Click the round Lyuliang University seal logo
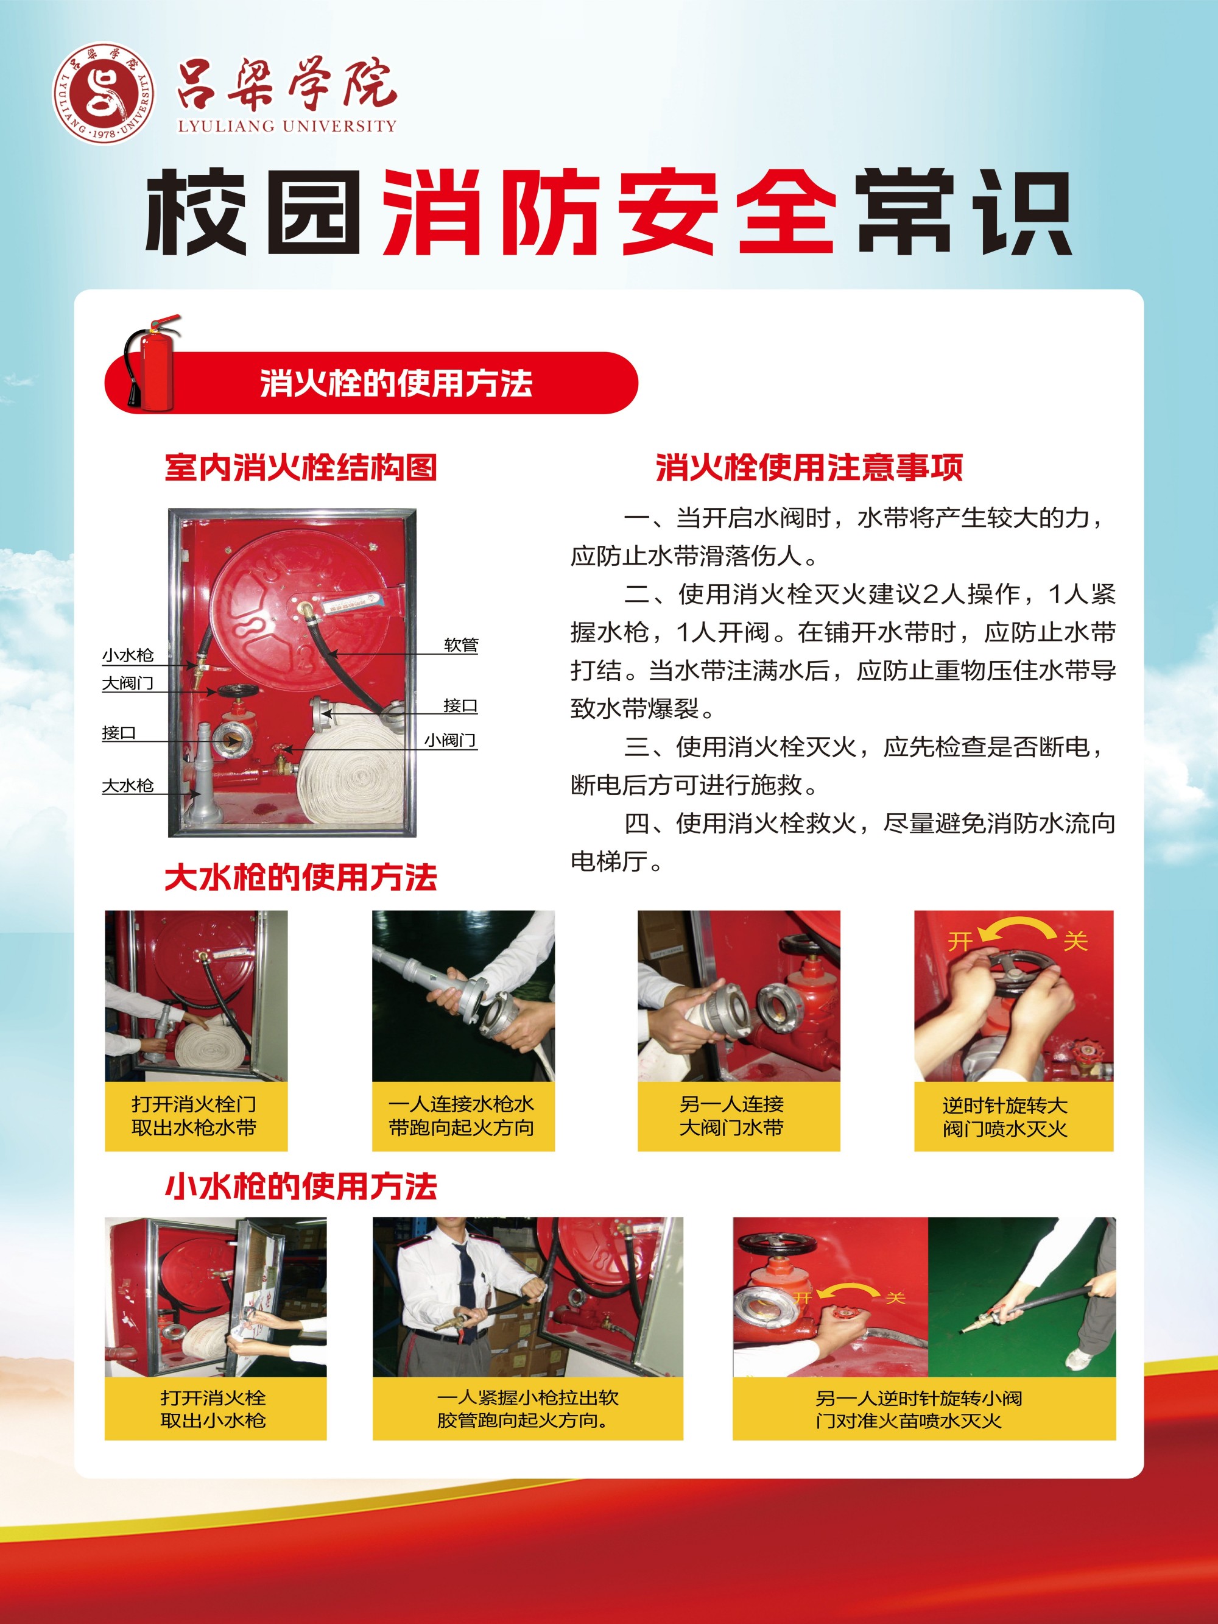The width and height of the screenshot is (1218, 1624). point(104,93)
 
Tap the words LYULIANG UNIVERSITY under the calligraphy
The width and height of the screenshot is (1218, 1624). point(287,125)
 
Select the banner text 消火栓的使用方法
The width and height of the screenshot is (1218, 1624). point(396,383)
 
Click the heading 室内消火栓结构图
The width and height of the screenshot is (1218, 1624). point(301,468)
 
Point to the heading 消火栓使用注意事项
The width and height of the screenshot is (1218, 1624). point(809,468)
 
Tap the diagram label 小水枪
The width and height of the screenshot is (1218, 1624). point(128,655)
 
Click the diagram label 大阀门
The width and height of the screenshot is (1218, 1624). point(128,683)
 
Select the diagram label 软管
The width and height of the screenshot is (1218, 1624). point(461,644)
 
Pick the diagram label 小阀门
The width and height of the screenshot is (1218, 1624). point(451,740)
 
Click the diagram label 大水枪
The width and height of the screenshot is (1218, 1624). point(128,786)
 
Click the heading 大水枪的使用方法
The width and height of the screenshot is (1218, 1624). point(301,877)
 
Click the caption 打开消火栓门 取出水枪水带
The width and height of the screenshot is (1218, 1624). point(194,1116)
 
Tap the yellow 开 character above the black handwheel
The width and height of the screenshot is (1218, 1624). point(960,941)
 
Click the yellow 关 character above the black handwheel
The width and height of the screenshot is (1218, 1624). point(1075,941)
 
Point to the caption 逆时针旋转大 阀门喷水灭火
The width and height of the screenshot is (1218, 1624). point(1005,1117)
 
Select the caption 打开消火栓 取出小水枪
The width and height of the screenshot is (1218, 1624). point(213,1409)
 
